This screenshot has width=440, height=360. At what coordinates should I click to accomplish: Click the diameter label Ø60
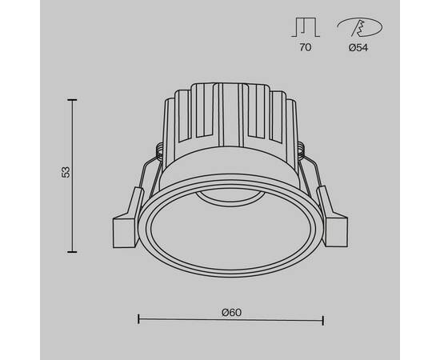pos(231,311)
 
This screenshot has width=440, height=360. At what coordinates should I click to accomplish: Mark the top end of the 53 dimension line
pos(73,100)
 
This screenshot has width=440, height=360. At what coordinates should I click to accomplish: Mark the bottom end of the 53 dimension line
pos(73,250)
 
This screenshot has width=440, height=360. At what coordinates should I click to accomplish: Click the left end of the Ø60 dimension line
pos(139,320)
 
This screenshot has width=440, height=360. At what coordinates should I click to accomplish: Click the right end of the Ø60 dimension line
pos(323,320)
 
